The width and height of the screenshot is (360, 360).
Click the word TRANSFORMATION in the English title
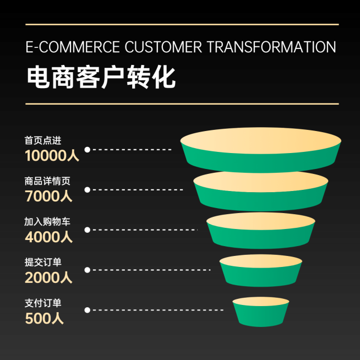pyautogui.click(x=271, y=47)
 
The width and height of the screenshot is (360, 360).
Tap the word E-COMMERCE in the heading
pyautogui.click(x=73, y=47)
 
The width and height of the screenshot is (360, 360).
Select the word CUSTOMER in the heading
pyautogui.click(x=163, y=47)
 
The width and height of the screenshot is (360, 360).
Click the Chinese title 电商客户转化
pyautogui.click(x=101, y=77)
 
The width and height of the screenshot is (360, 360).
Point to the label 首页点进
pyautogui.click(x=43, y=140)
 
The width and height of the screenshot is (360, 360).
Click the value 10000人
pyautogui.click(x=52, y=155)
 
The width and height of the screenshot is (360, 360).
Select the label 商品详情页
pyautogui.click(x=47, y=181)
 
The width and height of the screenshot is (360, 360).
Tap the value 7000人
pyautogui.click(x=48, y=196)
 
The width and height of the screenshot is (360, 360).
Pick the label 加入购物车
pyautogui.click(x=47, y=221)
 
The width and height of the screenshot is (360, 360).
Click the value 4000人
pyautogui.click(x=48, y=237)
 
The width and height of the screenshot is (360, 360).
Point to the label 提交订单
pyautogui.click(x=43, y=262)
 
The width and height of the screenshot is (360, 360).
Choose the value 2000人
pyautogui.click(x=48, y=277)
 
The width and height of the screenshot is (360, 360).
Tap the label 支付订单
pyautogui.click(x=43, y=303)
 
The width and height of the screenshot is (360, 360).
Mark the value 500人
pyautogui.click(x=44, y=318)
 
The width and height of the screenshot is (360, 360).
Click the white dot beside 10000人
pyautogui.click(x=87, y=150)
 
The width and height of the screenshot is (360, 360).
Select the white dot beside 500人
pyautogui.click(x=87, y=310)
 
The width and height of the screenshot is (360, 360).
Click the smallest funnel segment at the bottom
pyautogui.click(x=261, y=312)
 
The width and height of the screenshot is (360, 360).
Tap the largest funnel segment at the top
pyautogui.click(x=260, y=150)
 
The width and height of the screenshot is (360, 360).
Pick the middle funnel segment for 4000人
pyautogui.click(x=261, y=231)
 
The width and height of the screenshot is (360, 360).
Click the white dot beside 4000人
pyautogui.click(x=87, y=230)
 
